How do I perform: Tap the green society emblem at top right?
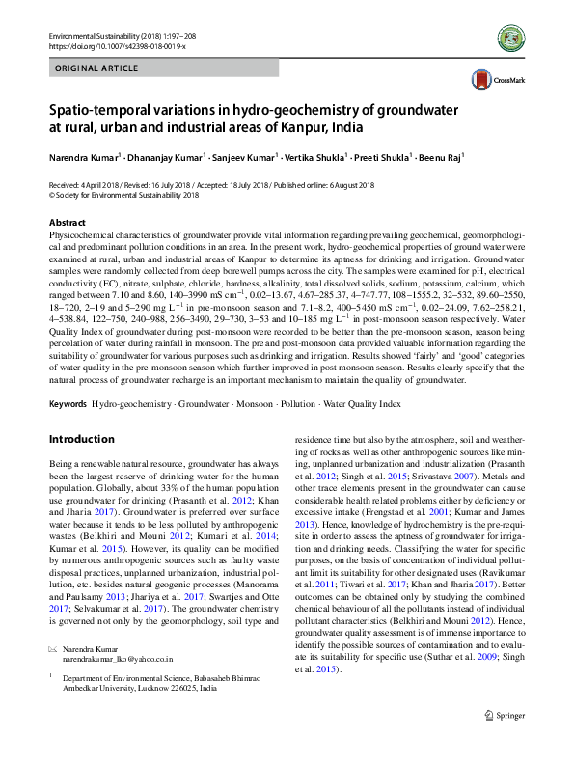tap(513, 39)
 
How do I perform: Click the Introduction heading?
tap(81, 439)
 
